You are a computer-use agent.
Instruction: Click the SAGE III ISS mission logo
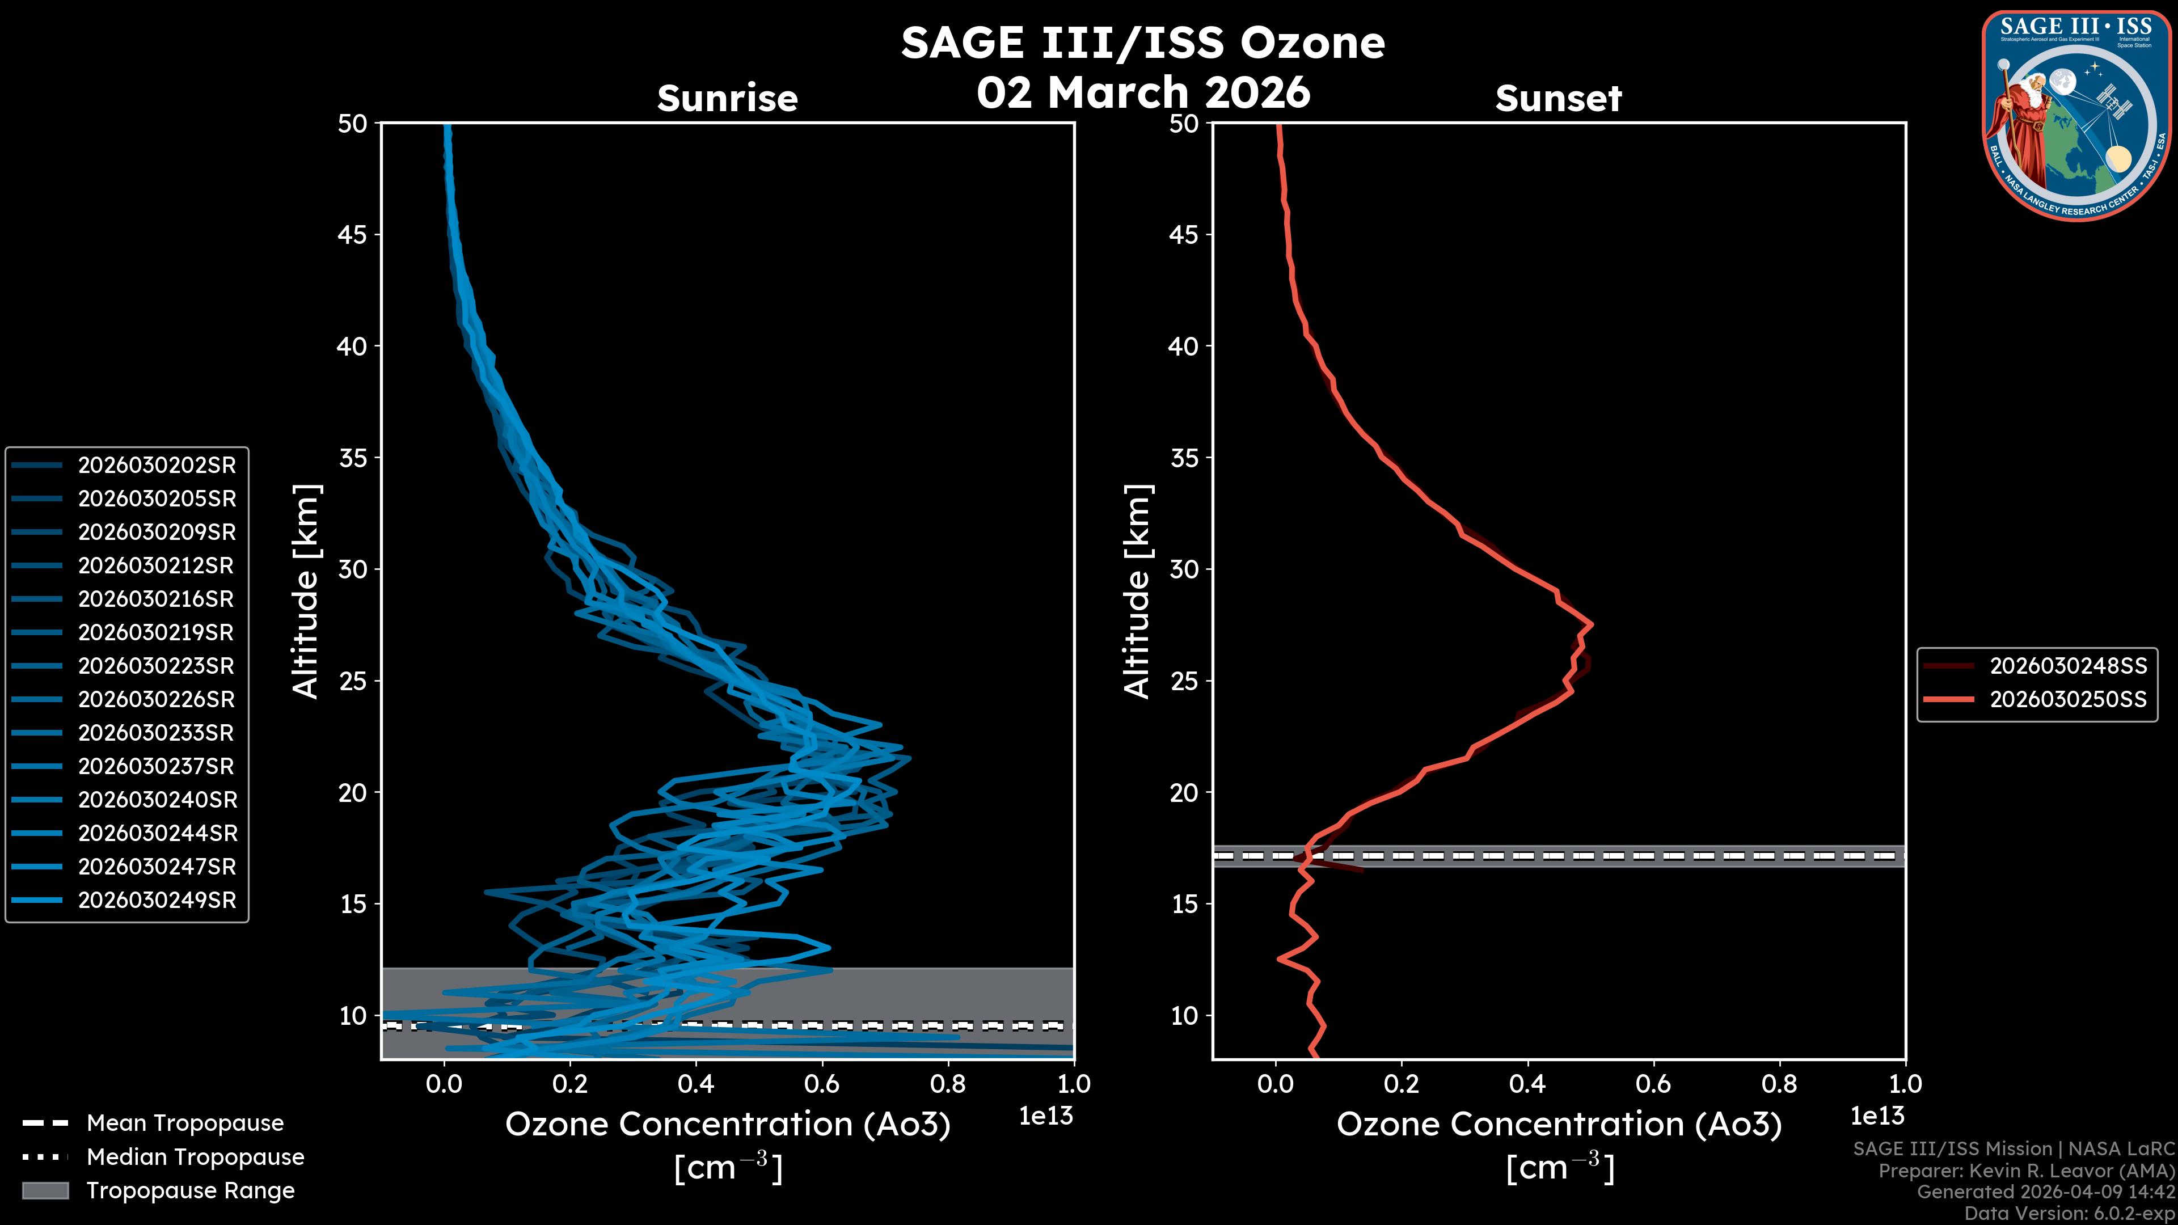pos(2076,116)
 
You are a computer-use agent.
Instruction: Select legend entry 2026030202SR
pos(157,465)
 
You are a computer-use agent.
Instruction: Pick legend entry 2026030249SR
pos(157,901)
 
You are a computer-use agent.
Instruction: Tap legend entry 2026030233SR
pos(157,733)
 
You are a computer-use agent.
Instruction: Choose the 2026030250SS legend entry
pos(2067,700)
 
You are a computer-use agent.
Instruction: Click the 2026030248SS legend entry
pos(2067,666)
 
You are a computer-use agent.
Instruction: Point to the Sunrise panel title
pos(727,99)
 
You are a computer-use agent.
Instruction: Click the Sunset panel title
pos(1558,99)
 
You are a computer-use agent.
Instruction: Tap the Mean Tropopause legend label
pos(184,1123)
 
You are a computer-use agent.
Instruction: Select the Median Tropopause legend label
pos(195,1158)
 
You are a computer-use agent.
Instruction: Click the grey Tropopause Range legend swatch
pos(45,1191)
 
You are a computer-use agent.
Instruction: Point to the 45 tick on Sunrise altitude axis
pos(353,235)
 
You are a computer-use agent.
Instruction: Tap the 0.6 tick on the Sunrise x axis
pos(822,1084)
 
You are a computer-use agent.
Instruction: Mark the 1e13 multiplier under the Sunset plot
pos(1877,1117)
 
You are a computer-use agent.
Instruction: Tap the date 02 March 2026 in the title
pos(1143,92)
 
